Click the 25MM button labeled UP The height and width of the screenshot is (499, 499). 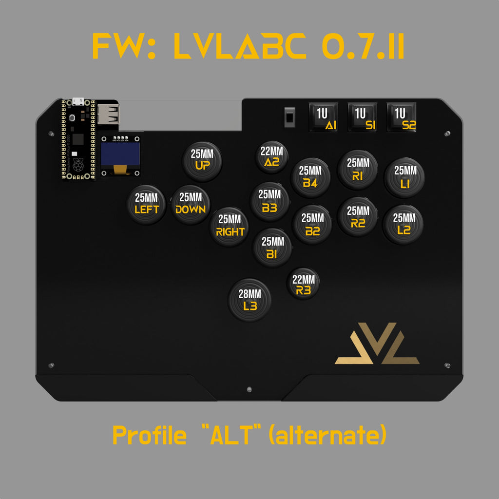click(x=202, y=161)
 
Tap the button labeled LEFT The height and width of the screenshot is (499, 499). click(x=146, y=205)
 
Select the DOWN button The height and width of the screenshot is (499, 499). click(x=191, y=205)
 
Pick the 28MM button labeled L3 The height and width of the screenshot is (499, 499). click(x=249, y=300)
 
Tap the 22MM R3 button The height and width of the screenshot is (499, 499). click(x=303, y=284)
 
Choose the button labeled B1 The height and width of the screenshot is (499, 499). click(x=272, y=248)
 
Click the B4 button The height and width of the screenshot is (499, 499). click(x=310, y=177)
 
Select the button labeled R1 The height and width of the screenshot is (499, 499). click(x=358, y=170)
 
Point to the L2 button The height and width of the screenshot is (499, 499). click(x=403, y=225)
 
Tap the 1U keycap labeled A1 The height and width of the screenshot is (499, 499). click(x=324, y=117)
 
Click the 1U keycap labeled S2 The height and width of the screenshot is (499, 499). click(x=402, y=117)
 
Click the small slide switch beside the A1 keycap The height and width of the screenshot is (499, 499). click(x=289, y=117)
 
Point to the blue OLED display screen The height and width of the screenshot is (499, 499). click(x=120, y=154)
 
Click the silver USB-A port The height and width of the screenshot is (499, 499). click(x=108, y=114)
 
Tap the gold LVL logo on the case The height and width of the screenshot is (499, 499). click(x=377, y=344)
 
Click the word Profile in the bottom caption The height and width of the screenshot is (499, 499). click(x=149, y=435)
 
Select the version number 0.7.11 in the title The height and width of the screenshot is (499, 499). click(x=363, y=46)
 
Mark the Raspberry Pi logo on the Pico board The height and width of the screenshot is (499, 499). click(x=78, y=165)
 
